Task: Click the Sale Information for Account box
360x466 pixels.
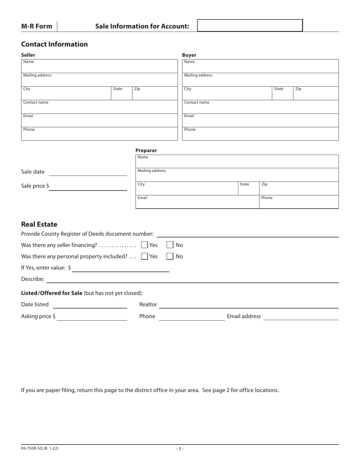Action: coord(250,25)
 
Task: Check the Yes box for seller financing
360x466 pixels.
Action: coord(144,245)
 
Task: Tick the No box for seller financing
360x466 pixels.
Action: coord(170,245)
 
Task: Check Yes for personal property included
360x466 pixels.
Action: coord(144,256)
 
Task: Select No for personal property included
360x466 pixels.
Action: coord(170,256)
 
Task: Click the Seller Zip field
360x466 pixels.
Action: coord(155,94)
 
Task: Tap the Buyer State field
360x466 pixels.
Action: coord(282,94)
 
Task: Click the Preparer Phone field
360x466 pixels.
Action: coord(299,202)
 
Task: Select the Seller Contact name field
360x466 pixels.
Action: coord(99,107)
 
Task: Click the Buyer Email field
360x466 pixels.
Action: coord(260,121)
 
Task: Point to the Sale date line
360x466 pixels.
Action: coord(88,172)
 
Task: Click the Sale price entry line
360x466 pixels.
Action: coord(88,187)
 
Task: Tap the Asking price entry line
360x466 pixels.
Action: coord(92,317)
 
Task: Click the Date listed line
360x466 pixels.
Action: coord(90,305)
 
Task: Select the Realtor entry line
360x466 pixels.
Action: coord(249,305)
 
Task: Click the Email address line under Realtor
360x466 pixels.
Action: coord(301,317)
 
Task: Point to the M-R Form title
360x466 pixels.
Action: coord(37,26)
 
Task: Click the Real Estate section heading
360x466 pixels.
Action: coord(39,224)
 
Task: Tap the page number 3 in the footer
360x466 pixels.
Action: coord(180,449)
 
